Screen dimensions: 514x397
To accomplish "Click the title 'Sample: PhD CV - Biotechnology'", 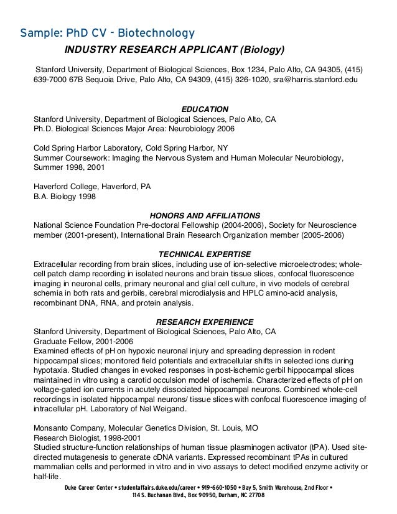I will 107,32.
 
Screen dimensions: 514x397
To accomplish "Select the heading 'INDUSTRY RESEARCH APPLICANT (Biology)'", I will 175,49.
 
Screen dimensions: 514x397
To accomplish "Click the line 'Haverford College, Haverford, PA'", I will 91,187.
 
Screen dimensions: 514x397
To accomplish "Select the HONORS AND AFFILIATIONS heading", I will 205,215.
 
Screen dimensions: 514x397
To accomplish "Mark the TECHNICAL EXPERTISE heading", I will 205,254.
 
